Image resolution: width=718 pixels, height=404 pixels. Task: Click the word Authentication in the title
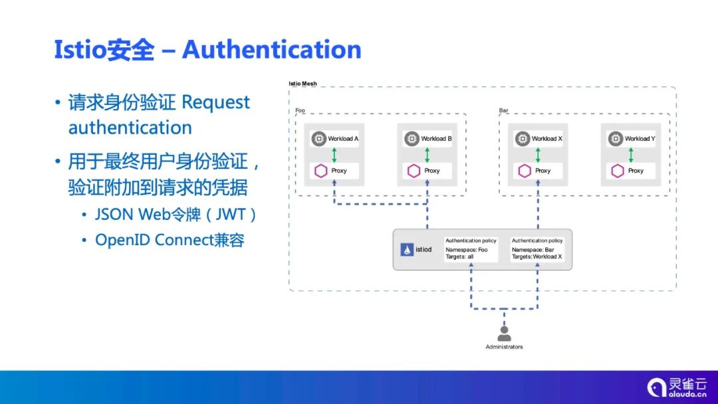(271, 50)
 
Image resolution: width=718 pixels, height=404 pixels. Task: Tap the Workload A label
(343, 139)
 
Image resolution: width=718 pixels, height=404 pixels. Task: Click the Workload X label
(547, 139)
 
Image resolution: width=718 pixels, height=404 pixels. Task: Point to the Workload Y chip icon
(616, 139)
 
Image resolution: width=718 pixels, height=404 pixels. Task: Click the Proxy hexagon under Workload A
(321, 171)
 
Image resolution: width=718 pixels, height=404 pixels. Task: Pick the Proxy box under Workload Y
(630, 171)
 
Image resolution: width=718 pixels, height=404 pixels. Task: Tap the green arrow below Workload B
(427, 155)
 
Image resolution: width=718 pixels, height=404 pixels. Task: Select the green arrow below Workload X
(538, 155)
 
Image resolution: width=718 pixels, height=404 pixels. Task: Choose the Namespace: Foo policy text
(467, 250)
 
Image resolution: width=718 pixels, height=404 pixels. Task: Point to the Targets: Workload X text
(537, 256)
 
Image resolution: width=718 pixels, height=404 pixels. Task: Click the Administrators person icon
(505, 334)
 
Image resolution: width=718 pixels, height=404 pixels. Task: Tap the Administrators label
(504, 347)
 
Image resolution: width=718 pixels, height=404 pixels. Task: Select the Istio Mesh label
(302, 84)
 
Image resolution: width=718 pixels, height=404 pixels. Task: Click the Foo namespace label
(300, 110)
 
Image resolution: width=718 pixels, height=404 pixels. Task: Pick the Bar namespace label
(503, 110)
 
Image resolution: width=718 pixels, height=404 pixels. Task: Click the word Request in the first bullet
(215, 103)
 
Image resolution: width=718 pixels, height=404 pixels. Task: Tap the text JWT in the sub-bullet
(232, 215)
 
